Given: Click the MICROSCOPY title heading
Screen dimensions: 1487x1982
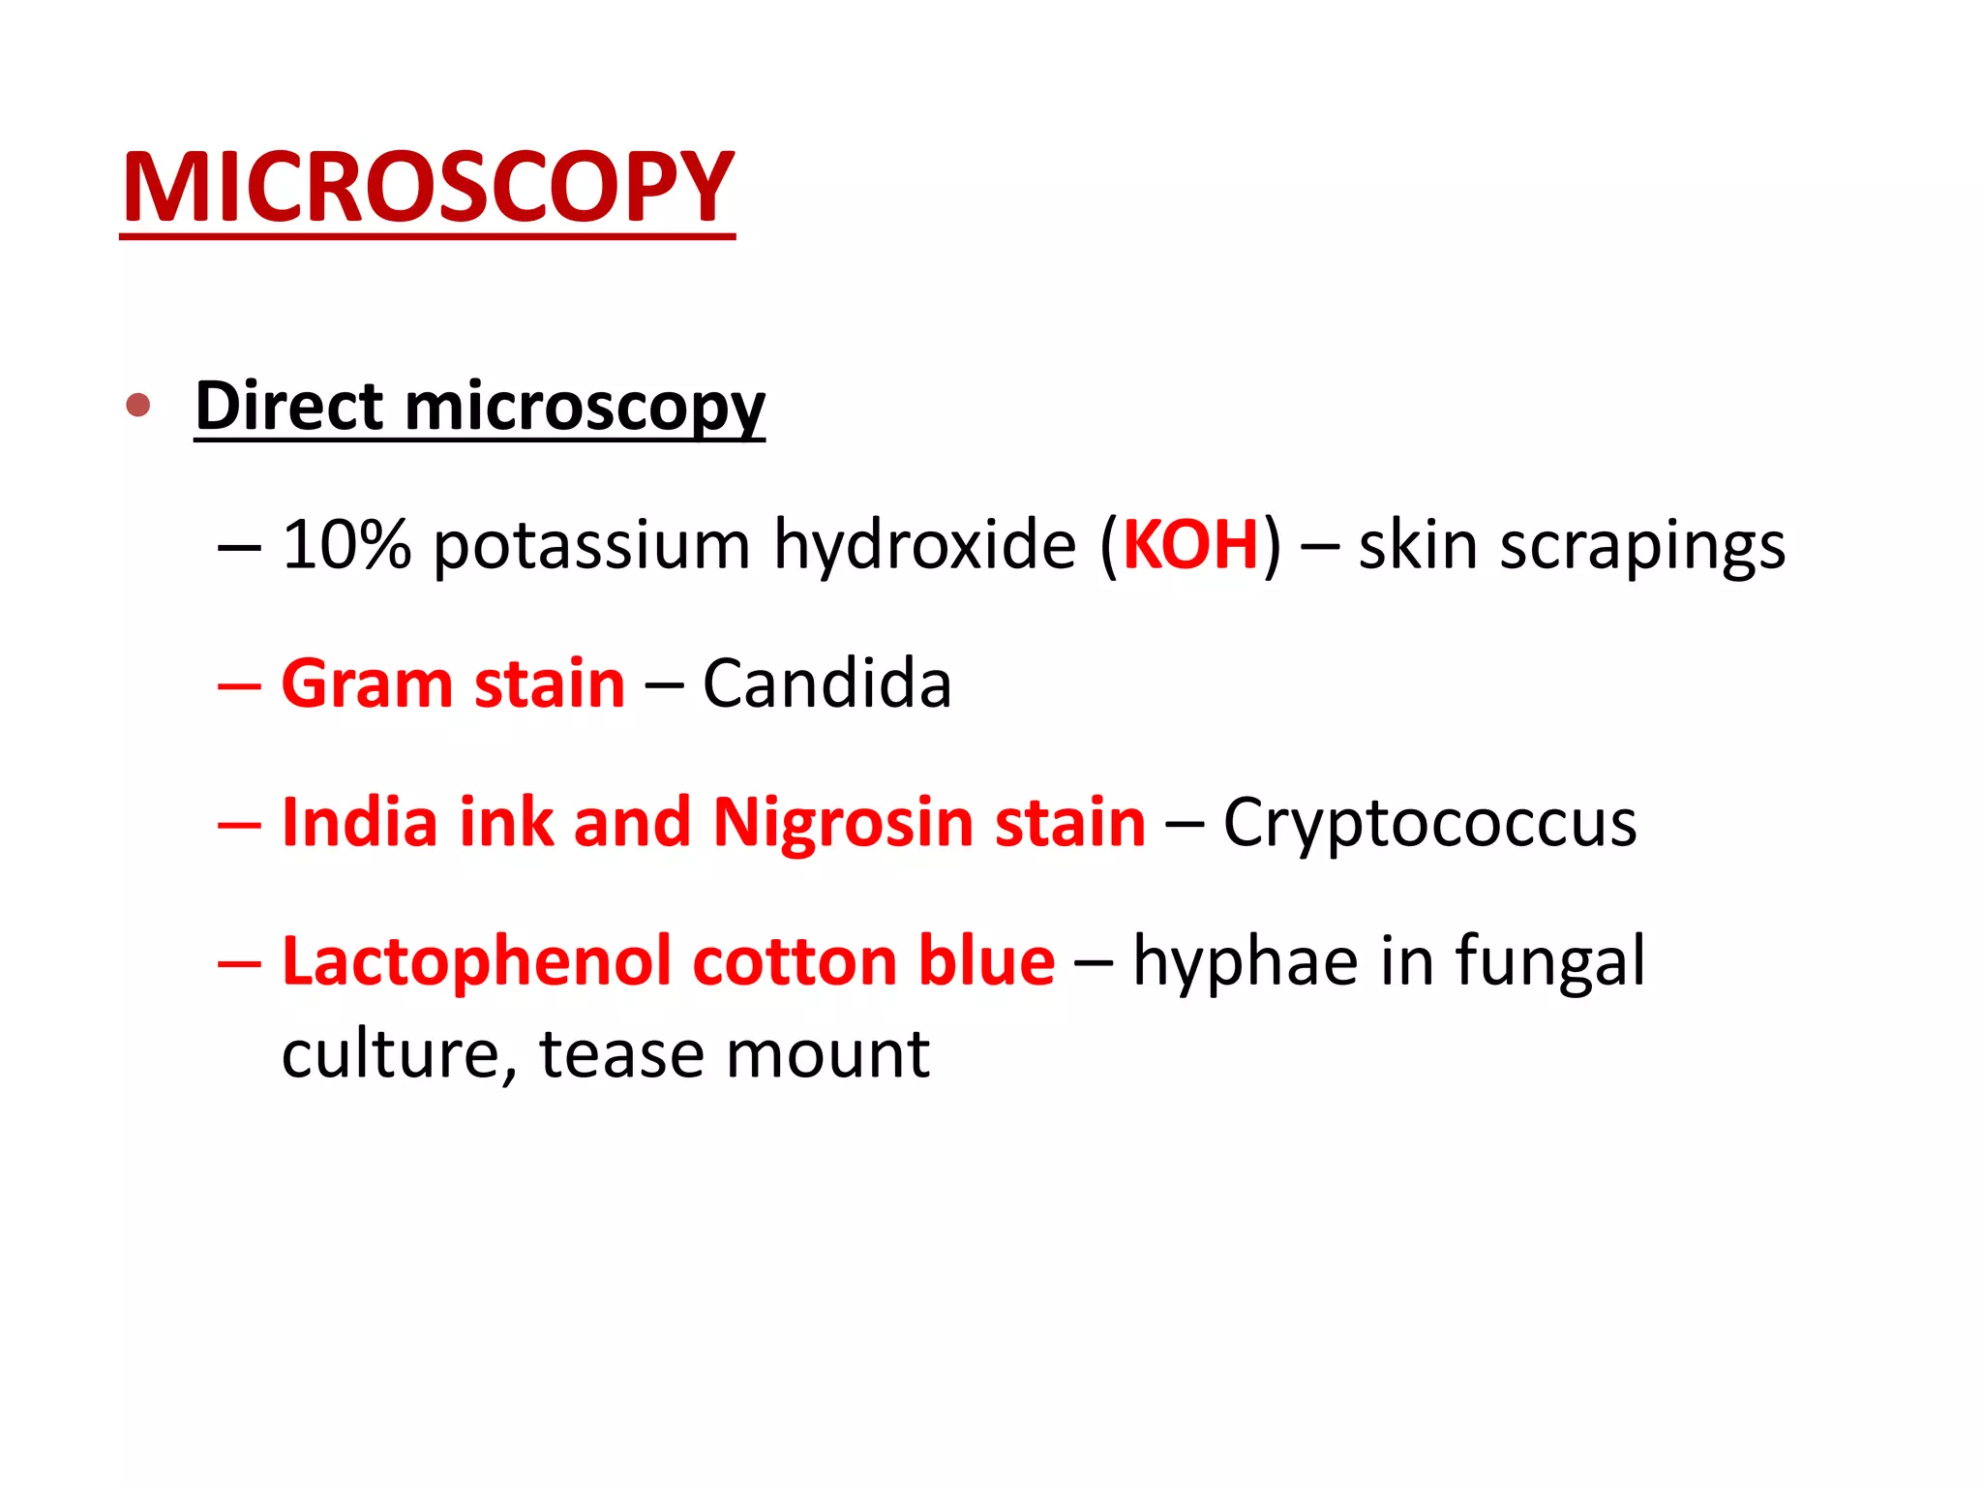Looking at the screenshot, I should coord(427,188).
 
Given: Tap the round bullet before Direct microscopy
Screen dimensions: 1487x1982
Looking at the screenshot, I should coord(138,405).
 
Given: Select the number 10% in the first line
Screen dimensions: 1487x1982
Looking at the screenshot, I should coord(346,544).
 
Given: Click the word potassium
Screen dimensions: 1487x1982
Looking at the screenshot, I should coord(590,546).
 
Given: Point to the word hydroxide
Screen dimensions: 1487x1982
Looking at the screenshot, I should coord(924,544).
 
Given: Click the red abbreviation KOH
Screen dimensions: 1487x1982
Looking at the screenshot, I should coord(1190,544).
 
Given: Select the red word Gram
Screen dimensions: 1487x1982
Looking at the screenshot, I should coord(366,683).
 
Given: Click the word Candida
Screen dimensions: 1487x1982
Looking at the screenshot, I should coord(826,683).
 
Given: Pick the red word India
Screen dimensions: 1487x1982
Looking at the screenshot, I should coord(359,822).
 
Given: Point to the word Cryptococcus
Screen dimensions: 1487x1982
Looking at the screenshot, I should coord(1429,823).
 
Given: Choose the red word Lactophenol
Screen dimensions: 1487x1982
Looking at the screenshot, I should coord(477,962).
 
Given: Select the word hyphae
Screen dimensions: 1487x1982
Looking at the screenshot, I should coord(1246,962).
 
